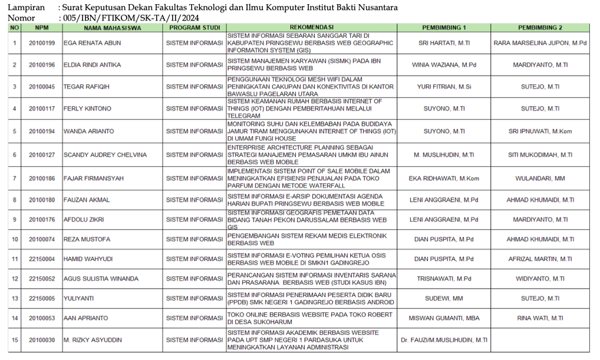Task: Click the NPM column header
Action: point(42,28)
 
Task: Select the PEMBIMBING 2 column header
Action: point(540,28)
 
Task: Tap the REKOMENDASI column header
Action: point(312,28)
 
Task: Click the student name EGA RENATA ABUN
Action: point(88,43)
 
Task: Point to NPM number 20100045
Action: point(42,87)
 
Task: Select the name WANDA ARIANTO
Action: point(89,131)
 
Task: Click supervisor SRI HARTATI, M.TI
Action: point(444,43)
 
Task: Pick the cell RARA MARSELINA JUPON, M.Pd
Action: point(540,43)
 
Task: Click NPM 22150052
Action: point(42,279)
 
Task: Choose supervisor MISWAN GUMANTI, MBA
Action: point(444,318)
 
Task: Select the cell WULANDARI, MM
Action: point(540,178)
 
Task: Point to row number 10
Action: point(15,239)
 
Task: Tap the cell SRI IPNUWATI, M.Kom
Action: point(540,131)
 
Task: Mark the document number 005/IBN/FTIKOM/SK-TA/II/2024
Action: point(130,18)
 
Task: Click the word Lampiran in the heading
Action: point(25,8)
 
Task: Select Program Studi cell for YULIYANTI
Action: point(194,298)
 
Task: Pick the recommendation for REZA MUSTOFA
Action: point(307,239)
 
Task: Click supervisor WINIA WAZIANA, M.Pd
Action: point(444,64)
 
